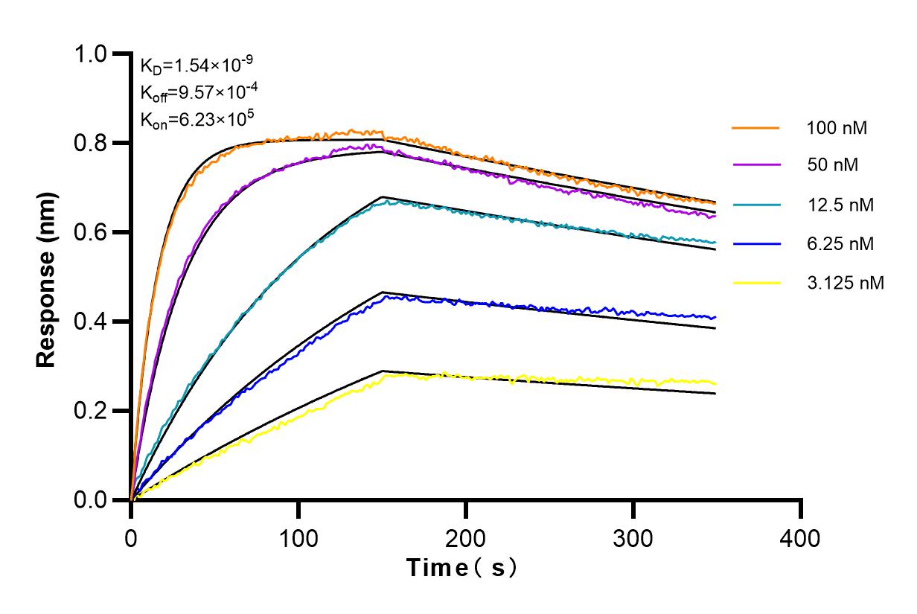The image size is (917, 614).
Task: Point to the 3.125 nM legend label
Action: pos(845,283)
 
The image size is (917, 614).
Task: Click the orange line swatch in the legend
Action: pos(755,128)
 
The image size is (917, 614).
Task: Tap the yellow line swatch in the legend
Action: pos(755,283)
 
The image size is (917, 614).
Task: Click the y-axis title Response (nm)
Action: pos(47,278)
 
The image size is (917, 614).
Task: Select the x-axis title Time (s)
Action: pos(461,568)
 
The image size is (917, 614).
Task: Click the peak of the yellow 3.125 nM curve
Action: pos(444,373)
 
